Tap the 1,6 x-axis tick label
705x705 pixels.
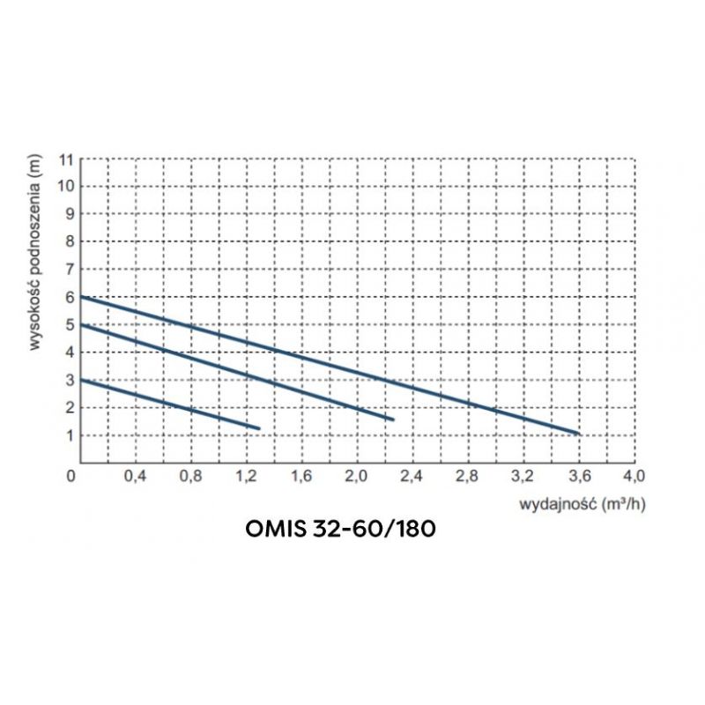(301, 477)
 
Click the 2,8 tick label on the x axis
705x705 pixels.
(467, 477)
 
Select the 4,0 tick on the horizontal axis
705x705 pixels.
(634, 477)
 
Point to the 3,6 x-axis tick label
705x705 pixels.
(578, 477)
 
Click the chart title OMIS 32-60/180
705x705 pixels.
(339, 531)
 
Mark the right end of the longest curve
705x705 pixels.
(579, 434)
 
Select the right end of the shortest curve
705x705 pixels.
(259, 427)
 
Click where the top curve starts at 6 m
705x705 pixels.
(81, 297)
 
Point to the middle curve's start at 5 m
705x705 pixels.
(81, 324)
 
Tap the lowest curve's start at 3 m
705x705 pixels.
(81, 380)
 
